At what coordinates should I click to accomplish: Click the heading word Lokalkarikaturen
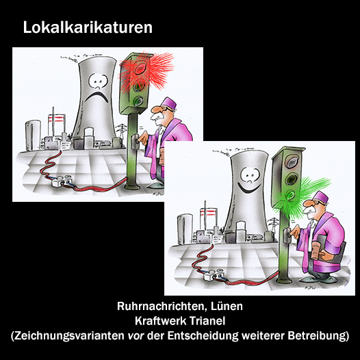[x=88, y=27]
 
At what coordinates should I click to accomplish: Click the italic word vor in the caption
[x=136, y=336]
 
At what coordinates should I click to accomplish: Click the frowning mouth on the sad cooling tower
[x=97, y=97]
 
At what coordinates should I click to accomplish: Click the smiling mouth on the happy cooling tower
[x=249, y=187]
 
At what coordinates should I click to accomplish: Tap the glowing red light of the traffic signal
[x=140, y=69]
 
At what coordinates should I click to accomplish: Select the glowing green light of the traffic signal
[x=290, y=196]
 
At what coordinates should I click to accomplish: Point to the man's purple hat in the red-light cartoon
[x=169, y=104]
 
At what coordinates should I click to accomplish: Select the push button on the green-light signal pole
[x=287, y=235]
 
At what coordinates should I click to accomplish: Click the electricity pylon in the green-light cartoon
[x=274, y=225]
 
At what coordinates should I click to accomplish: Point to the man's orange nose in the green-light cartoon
[x=307, y=203]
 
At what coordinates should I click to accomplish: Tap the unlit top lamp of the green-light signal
[x=291, y=163]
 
